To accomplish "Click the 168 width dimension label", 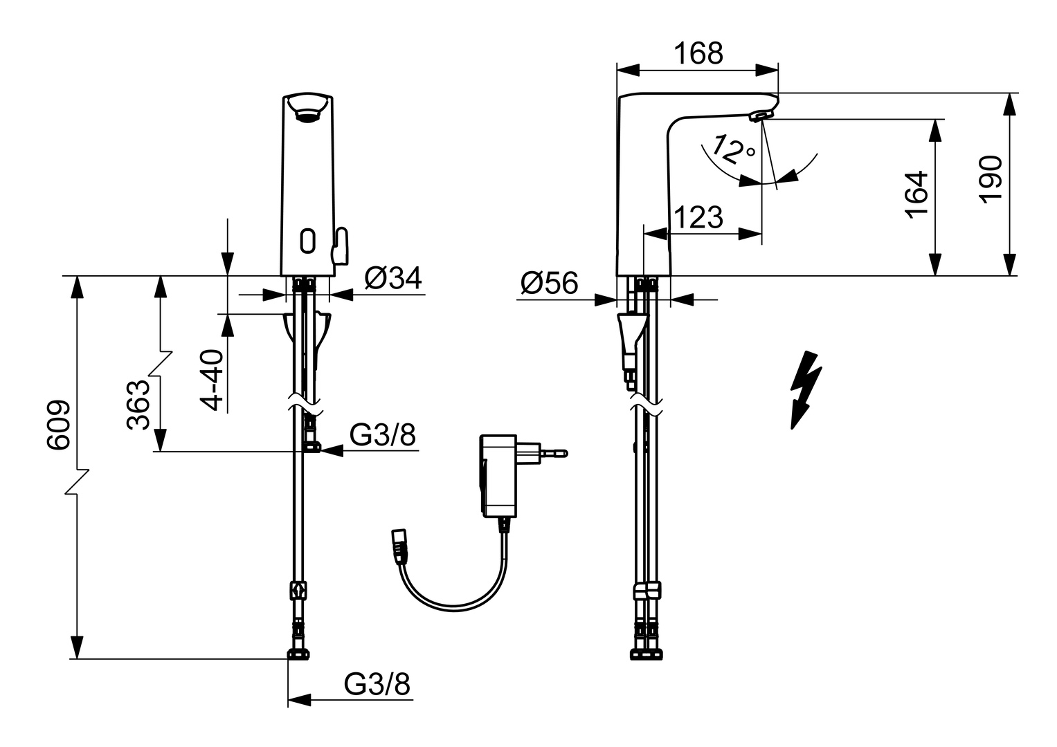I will tap(698, 53).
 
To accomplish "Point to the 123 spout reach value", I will tap(698, 217).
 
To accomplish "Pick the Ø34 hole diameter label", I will tap(392, 278).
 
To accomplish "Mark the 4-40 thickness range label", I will tap(213, 380).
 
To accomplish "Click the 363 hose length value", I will tap(139, 405).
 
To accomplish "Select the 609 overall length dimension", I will tap(59, 425).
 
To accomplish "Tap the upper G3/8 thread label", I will tap(383, 435).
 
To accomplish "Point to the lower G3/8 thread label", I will tap(377, 685).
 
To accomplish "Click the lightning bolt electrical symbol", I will tap(805, 389).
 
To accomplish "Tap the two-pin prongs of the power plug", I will tap(553, 454).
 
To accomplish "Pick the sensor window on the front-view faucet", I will tap(308, 241).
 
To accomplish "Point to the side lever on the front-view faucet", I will tap(339, 246).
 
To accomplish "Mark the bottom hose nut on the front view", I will tap(299, 654).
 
